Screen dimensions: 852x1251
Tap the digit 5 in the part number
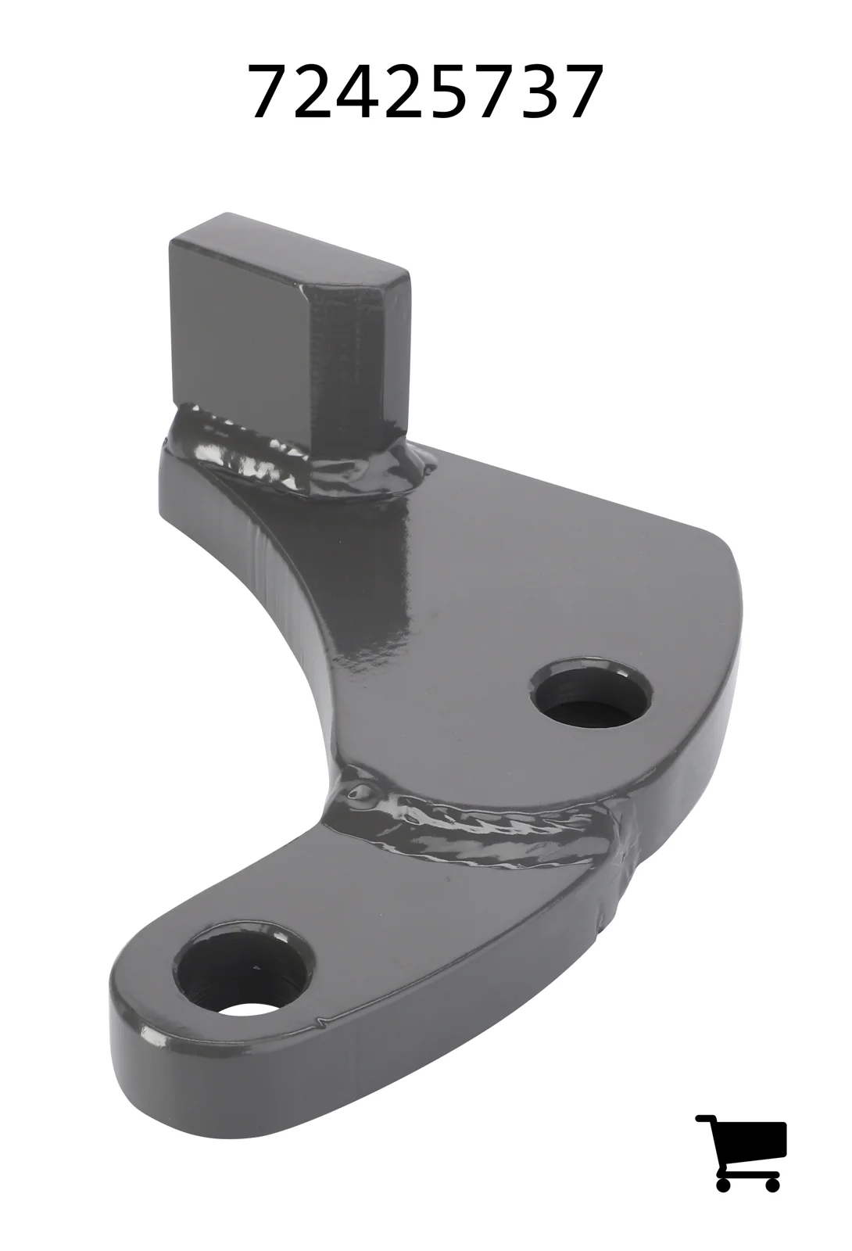[x=449, y=92]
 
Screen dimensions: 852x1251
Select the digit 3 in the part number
[x=537, y=91]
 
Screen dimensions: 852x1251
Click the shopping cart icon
[x=739, y=1144]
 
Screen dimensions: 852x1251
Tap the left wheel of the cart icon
[x=722, y=1167]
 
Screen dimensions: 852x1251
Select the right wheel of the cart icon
[x=772, y=1167]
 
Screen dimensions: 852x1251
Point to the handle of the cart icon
[x=704, y=1119]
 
